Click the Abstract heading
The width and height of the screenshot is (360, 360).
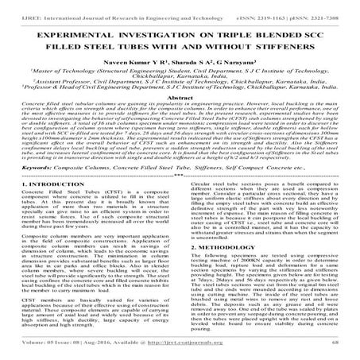click(180, 114)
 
